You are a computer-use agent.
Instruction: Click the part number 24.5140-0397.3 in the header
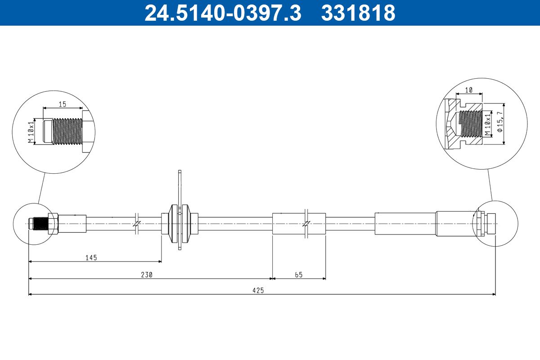click(x=223, y=13)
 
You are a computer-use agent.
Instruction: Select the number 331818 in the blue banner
click(x=358, y=13)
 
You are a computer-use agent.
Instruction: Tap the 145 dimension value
click(x=91, y=258)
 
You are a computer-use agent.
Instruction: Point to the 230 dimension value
click(x=147, y=274)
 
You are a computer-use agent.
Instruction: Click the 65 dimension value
click(x=299, y=274)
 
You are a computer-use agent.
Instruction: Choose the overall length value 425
click(x=258, y=291)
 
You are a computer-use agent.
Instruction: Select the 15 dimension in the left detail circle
click(x=63, y=104)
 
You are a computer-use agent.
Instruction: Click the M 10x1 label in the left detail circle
click(x=31, y=132)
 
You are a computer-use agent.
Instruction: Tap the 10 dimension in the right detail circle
click(x=468, y=90)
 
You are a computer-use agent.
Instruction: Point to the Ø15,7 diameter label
click(x=500, y=122)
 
